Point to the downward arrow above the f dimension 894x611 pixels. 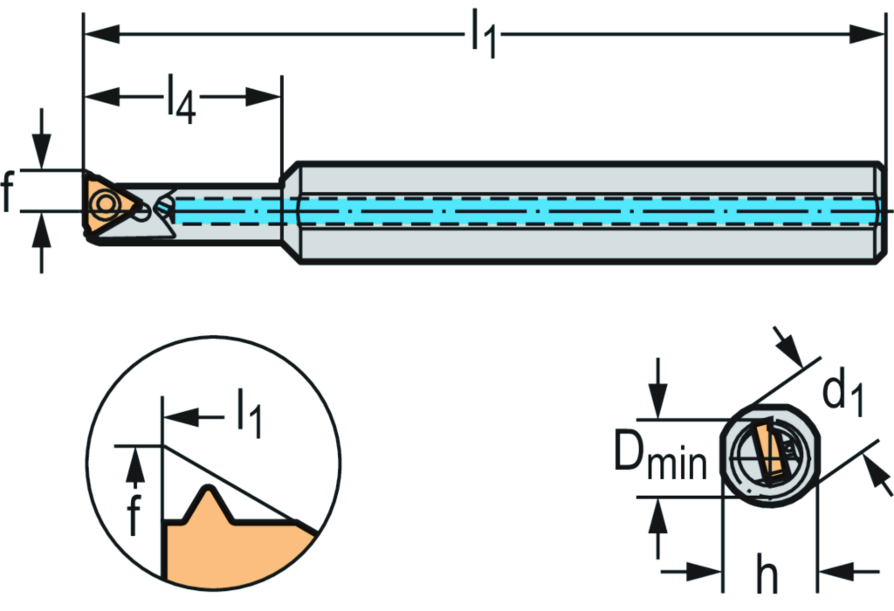(40, 145)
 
